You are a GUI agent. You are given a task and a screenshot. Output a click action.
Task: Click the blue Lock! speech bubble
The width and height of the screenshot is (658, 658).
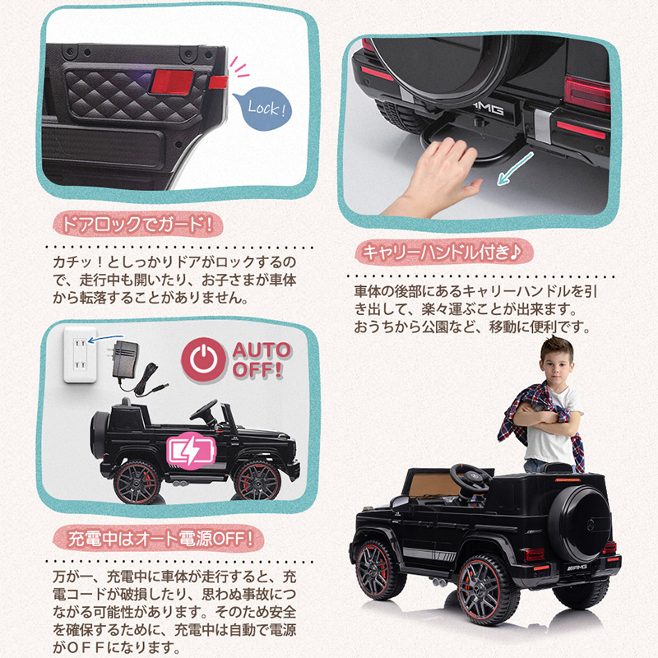(x=262, y=109)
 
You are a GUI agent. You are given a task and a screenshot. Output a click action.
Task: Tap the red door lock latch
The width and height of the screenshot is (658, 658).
(x=172, y=81)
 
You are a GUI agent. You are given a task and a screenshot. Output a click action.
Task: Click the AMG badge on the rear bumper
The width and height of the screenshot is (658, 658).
(x=487, y=108)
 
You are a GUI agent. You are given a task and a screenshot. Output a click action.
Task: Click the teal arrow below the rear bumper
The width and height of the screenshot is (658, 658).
(x=515, y=169)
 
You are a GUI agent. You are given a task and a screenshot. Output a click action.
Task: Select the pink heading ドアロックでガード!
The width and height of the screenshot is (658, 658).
(x=137, y=225)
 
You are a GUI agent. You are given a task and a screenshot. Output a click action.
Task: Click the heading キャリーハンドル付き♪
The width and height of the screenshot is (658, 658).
(x=443, y=253)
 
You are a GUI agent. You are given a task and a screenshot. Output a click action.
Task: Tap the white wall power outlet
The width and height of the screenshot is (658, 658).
(x=80, y=354)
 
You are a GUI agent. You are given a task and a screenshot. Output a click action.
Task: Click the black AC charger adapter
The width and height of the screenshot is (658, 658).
(x=125, y=359)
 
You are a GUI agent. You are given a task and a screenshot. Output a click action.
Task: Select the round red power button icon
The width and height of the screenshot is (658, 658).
(x=203, y=359)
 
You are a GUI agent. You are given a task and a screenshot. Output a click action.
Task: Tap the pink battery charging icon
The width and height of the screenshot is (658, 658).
(x=191, y=451)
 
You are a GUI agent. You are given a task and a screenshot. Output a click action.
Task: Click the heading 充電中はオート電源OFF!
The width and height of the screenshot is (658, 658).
(x=159, y=539)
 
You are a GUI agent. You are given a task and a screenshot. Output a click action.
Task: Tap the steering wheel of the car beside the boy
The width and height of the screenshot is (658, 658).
(x=470, y=479)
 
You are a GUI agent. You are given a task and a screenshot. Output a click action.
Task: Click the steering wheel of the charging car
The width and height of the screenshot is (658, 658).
(x=204, y=411)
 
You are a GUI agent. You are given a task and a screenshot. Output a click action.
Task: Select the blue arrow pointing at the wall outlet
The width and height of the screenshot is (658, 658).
(x=106, y=338)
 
